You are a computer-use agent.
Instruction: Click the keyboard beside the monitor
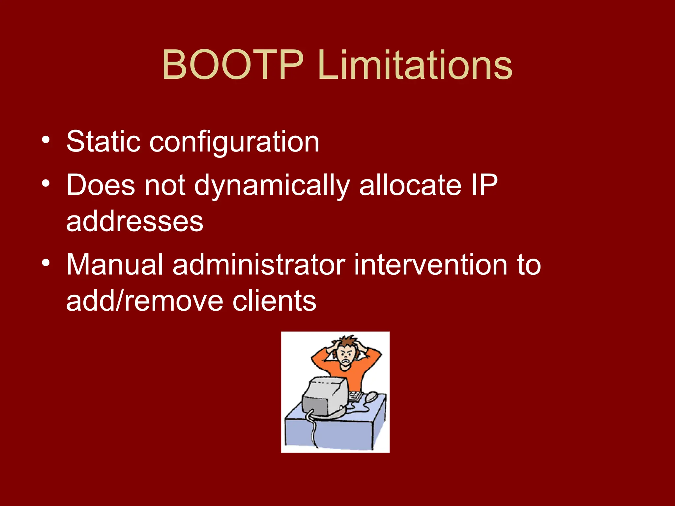click(355, 395)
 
